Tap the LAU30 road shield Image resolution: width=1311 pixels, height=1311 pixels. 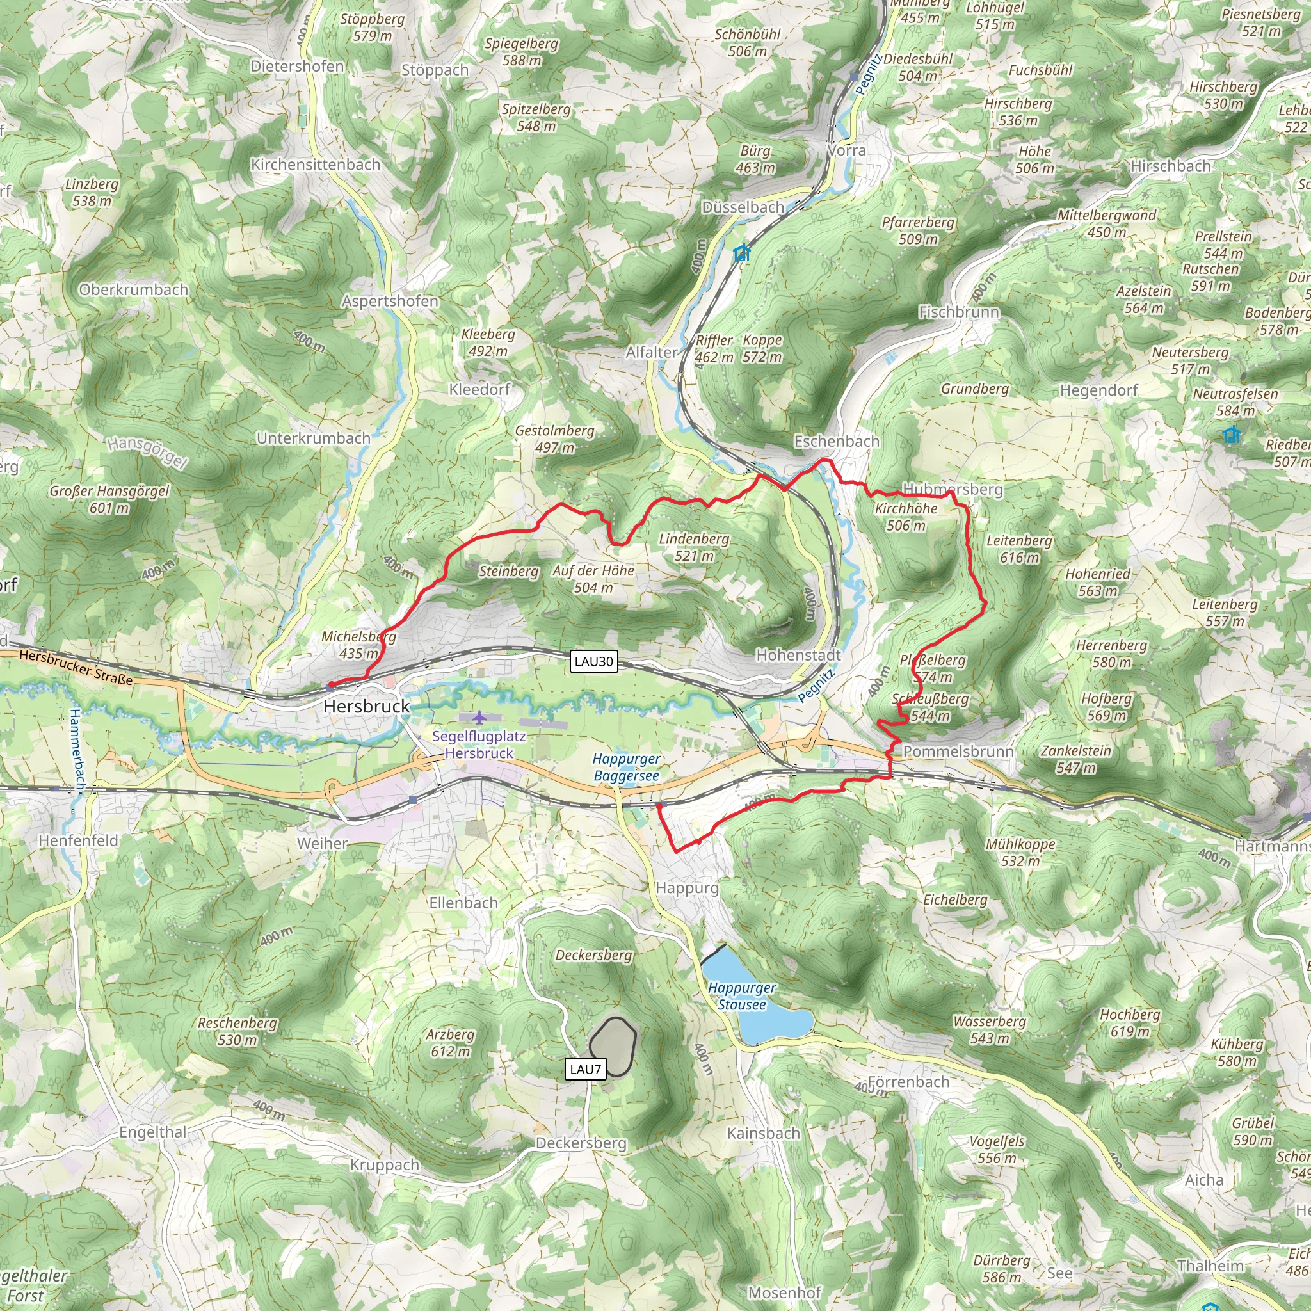(594, 661)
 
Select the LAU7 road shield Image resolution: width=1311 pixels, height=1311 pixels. (585, 1070)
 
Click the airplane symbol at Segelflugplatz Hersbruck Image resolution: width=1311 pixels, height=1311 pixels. (479, 717)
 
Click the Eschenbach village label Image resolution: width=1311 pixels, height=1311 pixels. (837, 441)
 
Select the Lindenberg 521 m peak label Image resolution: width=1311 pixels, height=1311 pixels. (694, 547)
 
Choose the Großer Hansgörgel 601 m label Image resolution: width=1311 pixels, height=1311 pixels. (109, 499)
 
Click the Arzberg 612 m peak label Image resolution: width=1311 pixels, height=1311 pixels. (450, 1043)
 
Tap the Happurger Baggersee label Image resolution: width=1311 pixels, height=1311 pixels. (626, 768)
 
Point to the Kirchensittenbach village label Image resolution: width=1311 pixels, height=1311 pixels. (316, 165)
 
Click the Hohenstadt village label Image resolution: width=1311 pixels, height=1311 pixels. (799, 655)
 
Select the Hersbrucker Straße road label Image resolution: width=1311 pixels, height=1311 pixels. (76, 667)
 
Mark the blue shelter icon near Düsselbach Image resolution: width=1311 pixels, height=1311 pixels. (743, 253)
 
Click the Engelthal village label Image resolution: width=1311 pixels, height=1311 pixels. (153, 1132)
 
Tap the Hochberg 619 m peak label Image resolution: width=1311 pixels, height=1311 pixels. (1130, 1022)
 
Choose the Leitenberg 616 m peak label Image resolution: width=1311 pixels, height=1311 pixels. (1019, 549)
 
